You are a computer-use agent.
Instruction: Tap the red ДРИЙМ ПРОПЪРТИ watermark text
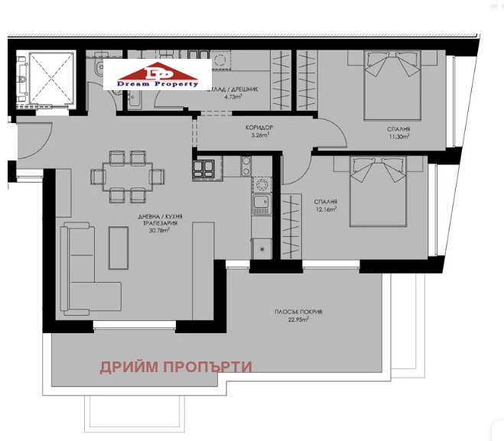point(176,367)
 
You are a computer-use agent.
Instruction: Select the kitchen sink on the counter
point(261,203)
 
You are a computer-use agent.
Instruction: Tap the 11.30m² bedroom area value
point(398,137)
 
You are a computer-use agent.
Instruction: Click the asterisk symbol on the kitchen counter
point(262,249)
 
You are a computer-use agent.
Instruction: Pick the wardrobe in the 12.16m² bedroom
point(291,226)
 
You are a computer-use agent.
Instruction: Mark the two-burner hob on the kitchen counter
point(246,165)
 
